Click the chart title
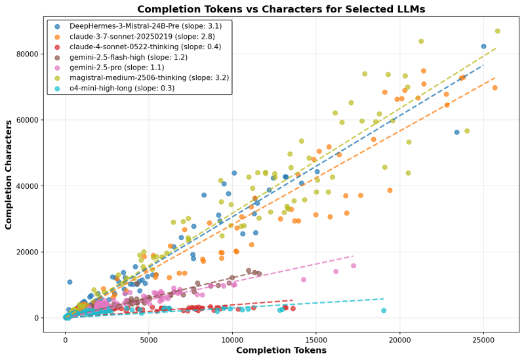[281, 9]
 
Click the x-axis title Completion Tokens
[281, 351]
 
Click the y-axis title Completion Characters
[9, 174]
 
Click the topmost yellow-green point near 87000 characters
[497, 31]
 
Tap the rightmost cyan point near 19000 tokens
[384, 311]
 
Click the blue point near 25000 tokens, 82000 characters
[483, 47]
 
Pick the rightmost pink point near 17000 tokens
[353, 266]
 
